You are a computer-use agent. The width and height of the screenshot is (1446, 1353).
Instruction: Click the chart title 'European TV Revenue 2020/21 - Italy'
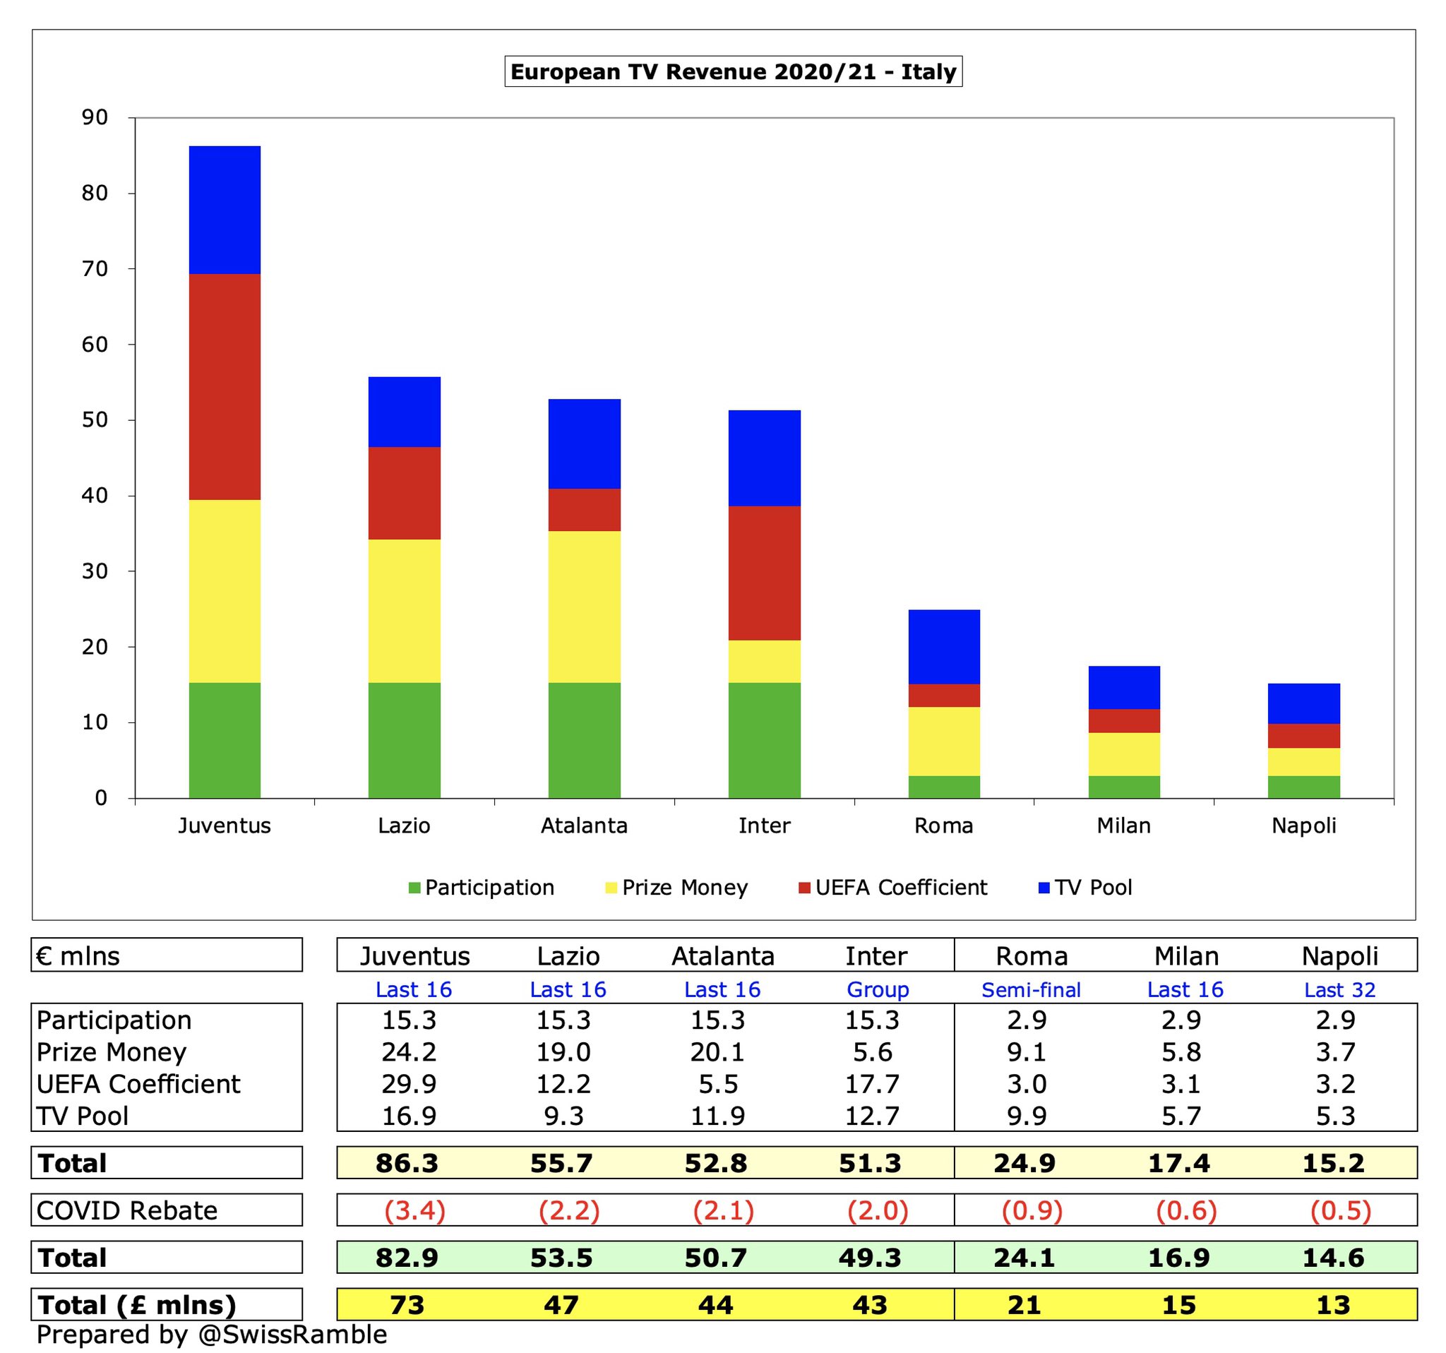tap(733, 72)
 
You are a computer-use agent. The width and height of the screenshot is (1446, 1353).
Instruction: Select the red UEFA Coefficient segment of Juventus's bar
tap(225, 386)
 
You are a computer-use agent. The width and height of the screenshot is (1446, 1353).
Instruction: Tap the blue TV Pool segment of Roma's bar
tap(944, 646)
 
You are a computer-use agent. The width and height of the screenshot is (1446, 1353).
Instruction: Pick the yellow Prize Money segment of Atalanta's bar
tap(584, 606)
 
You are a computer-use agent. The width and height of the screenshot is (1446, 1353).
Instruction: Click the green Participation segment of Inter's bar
tap(764, 740)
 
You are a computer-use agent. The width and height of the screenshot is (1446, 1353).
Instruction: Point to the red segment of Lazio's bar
tap(405, 492)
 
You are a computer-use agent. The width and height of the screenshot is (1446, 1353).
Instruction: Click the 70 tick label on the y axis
tap(94, 269)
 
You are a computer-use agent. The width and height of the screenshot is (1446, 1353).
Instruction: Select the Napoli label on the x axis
tap(1303, 825)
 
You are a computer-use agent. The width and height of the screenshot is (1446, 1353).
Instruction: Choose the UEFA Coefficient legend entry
tap(893, 888)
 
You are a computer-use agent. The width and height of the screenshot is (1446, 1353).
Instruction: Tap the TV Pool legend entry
tap(1085, 888)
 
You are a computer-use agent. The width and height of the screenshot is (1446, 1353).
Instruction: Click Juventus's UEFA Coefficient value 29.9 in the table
tap(409, 1084)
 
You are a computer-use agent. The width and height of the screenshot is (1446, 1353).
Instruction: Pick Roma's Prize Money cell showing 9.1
tap(1027, 1052)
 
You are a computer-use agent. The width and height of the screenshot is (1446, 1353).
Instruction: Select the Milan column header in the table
tap(1186, 956)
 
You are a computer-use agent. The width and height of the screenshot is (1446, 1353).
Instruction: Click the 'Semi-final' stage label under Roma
tap(1031, 990)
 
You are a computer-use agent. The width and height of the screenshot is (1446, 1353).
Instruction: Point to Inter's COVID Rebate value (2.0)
tap(877, 1210)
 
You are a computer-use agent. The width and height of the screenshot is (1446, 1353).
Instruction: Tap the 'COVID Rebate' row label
tap(127, 1210)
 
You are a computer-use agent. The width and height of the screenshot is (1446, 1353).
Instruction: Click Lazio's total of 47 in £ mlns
tap(561, 1305)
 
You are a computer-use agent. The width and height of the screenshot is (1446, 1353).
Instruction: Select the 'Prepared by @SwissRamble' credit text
tap(212, 1335)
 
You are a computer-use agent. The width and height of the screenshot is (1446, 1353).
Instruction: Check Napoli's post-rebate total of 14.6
tap(1333, 1258)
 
